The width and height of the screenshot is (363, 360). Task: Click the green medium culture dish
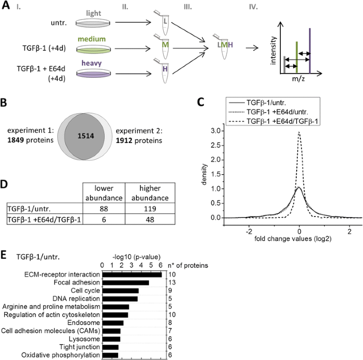(93, 49)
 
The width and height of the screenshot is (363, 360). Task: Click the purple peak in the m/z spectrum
(309, 51)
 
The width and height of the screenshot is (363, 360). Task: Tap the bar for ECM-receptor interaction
(132, 274)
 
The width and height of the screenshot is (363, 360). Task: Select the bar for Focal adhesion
(126, 283)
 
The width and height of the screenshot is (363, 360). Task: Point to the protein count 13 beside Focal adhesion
(172, 283)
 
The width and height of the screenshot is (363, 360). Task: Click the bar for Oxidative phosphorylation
(110, 355)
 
